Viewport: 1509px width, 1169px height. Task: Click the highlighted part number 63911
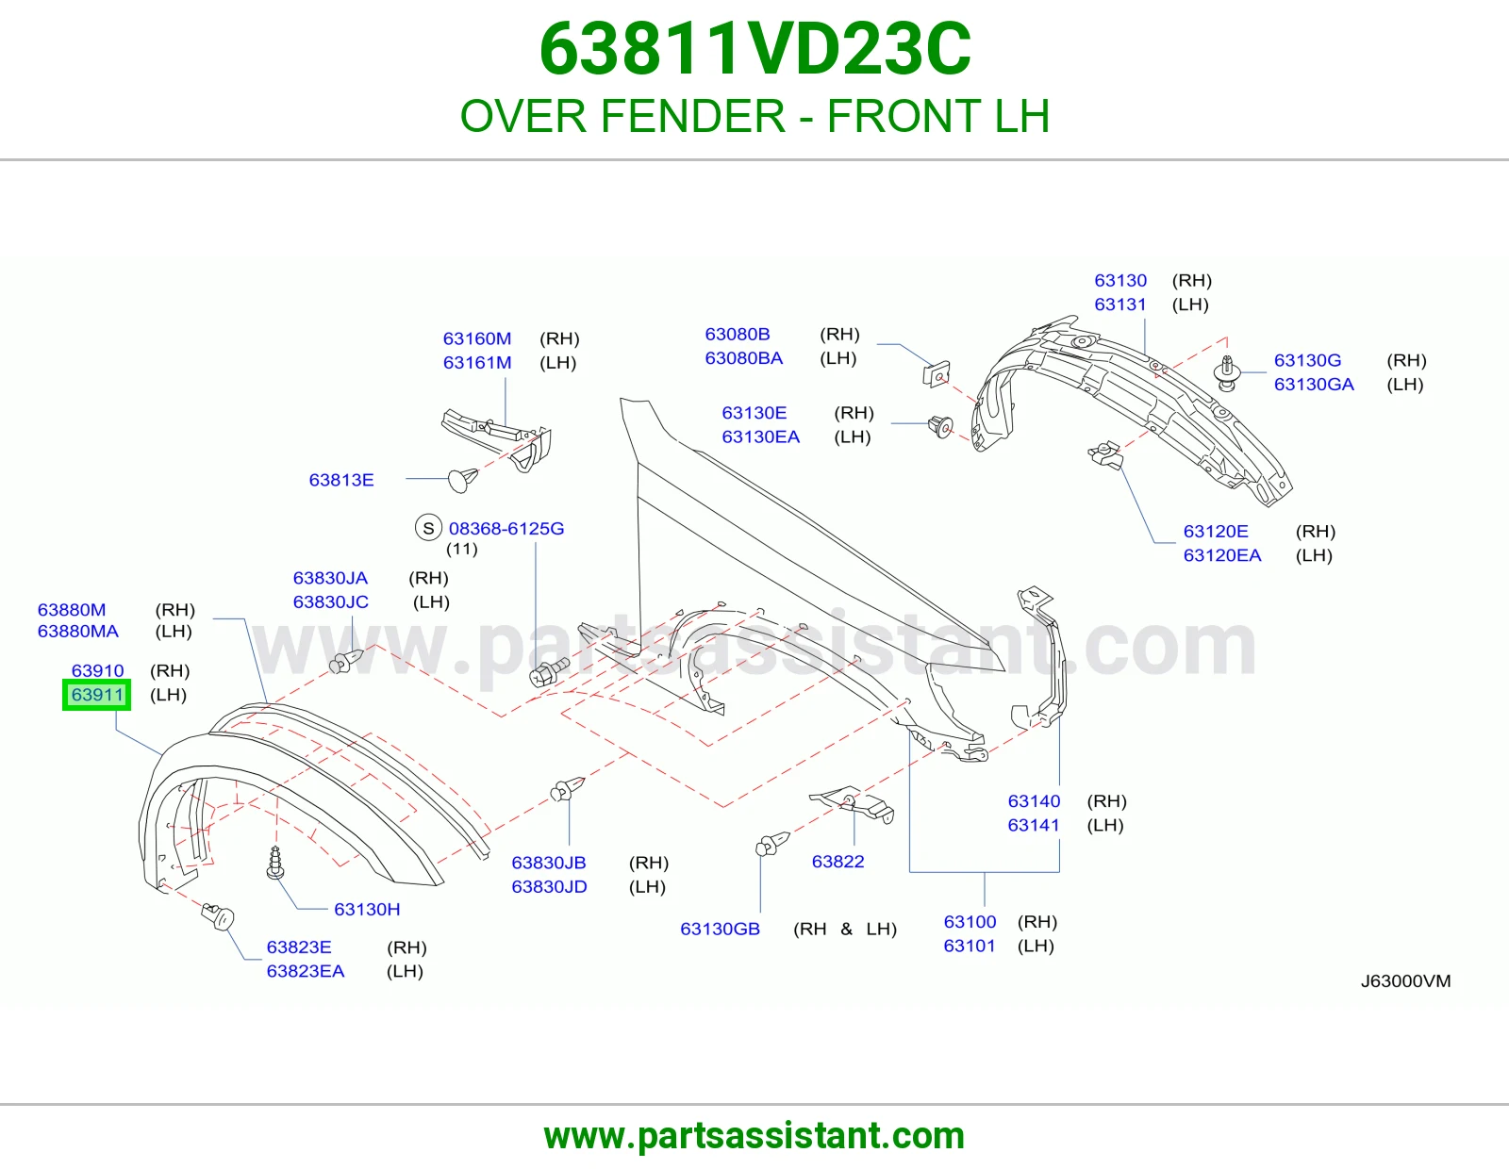pos(97,695)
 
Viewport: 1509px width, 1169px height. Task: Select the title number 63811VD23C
pos(754,49)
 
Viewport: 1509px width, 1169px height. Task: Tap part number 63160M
pos(477,338)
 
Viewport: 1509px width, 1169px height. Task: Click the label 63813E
pos(341,480)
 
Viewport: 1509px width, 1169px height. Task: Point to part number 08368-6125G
pos(506,528)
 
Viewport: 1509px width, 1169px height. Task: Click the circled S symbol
pos(428,528)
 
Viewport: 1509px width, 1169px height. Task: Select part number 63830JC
pos(330,601)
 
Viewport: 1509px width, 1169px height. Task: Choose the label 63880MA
pos(77,631)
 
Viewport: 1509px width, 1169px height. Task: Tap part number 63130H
pos(367,910)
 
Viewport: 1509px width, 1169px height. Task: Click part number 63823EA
pos(306,970)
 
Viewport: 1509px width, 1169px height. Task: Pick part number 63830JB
pos(549,863)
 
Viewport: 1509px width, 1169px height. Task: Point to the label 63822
pos(837,862)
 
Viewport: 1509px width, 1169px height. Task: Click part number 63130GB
pos(721,929)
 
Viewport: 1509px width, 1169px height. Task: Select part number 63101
pos(970,946)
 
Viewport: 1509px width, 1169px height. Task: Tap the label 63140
pos(1034,801)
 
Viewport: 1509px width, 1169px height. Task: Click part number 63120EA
pos(1222,555)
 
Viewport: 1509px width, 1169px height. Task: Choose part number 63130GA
pos(1314,384)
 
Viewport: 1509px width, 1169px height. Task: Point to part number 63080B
pos(738,334)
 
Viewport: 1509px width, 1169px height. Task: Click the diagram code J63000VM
pos(1405,980)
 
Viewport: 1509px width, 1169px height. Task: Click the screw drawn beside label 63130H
pos(275,863)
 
